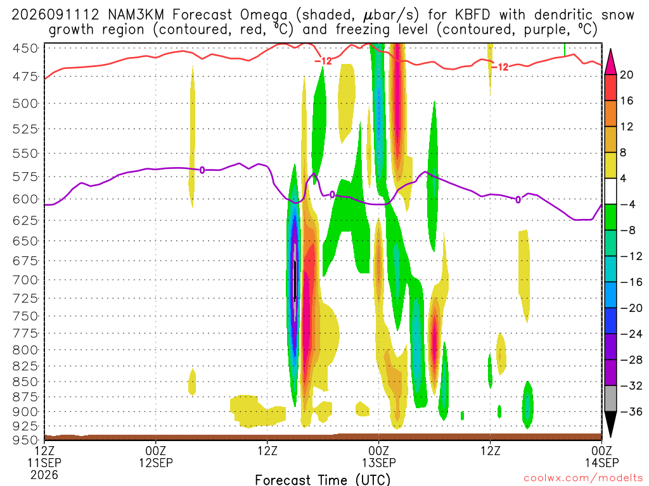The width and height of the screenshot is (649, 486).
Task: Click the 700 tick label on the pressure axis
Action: (x=25, y=280)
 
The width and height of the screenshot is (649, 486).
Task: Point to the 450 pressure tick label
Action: (x=25, y=48)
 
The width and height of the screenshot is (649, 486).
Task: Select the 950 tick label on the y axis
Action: (x=25, y=440)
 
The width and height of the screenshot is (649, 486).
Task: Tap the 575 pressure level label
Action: (x=25, y=177)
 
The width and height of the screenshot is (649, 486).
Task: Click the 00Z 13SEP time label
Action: (x=379, y=456)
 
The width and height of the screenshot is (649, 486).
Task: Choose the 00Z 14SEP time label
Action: (x=601, y=456)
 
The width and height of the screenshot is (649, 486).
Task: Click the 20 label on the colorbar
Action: (x=626, y=75)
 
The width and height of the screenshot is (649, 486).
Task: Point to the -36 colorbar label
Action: (x=631, y=411)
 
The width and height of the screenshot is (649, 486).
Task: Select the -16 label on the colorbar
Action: (x=631, y=282)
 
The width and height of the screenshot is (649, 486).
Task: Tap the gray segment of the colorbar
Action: (x=610, y=399)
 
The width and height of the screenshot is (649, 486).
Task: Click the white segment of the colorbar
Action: (x=610, y=191)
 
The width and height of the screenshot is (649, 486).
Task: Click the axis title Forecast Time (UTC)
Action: (x=323, y=480)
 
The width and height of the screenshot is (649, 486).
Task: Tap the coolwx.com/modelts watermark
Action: (x=583, y=478)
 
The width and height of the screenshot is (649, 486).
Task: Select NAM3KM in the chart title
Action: (x=136, y=15)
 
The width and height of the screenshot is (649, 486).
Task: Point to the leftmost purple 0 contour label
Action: (x=202, y=170)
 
